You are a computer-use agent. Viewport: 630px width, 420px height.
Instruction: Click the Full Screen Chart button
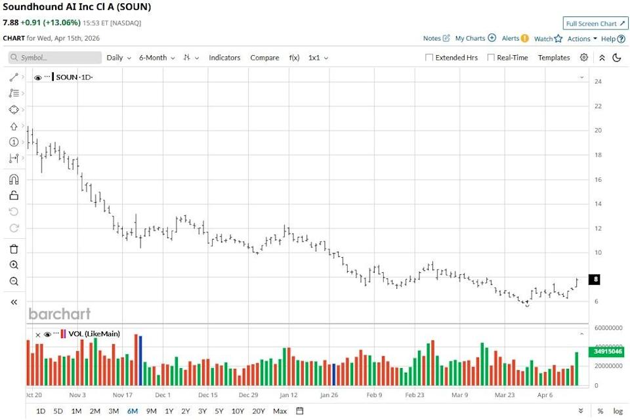pyautogui.click(x=595, y=24)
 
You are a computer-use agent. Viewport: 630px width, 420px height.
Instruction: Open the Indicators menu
pyautogui.click(x=224, y=58)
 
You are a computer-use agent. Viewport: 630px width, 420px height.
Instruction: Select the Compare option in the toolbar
pyautogui.click(x=264, y=58)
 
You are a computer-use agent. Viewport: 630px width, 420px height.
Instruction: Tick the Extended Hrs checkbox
pyautogui.click(x=430, y=58)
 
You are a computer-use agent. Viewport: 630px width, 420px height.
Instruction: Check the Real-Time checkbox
pyautogui.click(x=491, y=58)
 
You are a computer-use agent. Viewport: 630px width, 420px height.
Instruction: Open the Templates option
pyautogui.click(x=554, y=58)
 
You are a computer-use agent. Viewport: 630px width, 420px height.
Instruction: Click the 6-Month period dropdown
pyautogui.click(x=157, y=58)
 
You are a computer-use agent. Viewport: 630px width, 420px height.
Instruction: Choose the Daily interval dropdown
pyautogui.click(x=119, y=58)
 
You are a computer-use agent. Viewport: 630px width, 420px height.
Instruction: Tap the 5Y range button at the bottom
pyautogui.click(x=219, y=411)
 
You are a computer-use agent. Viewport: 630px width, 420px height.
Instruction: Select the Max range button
pyautogui.click(x=280, y=411)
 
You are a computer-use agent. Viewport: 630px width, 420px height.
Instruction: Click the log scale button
pyautogui.click(x=618, y=411)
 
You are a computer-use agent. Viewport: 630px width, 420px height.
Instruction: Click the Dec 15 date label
pyautogui.click(x=207, y=396)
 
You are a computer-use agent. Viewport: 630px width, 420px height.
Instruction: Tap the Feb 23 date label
pyautogui.click(x=415, y=396)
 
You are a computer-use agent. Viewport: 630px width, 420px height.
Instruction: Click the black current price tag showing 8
pyautogui.click(x=596, y=280)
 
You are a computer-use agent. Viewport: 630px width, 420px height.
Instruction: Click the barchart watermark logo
pyautogui.click(x=60, y=314)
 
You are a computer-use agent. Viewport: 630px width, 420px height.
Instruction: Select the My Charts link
pyautogui.click(x=475, y=39)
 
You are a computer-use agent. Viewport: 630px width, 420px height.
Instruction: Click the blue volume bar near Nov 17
pyautogui.click(x=140, y=360)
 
